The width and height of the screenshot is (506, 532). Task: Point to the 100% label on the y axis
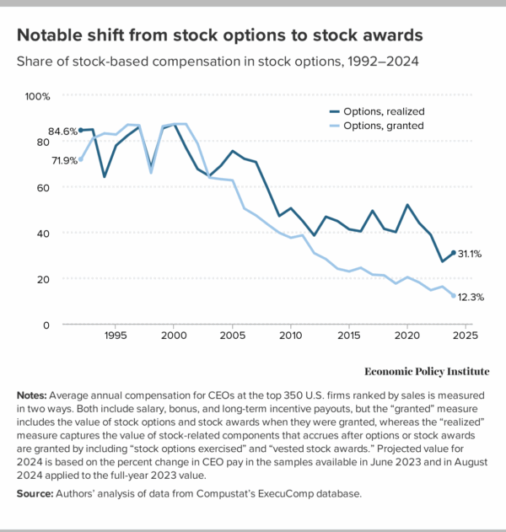click(39, 96)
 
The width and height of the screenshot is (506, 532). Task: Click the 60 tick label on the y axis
click(44, 187)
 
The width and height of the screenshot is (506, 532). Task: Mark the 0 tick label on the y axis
click(47, 325)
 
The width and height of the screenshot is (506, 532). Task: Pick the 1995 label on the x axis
click(116, 336)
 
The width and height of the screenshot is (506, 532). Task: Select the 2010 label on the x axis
click(290, 336)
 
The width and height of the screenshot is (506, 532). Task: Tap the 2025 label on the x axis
click(465, 336)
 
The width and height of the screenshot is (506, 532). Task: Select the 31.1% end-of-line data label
click(469, 254)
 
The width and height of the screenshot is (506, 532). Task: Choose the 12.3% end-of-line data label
click(469, 297)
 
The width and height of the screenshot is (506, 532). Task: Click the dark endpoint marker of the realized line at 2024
click(453, 253)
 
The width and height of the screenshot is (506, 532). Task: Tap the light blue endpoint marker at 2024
click(453, 296)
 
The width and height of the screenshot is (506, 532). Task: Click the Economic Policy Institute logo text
click(427, 371)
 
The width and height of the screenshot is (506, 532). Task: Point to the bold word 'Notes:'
click(34, 395)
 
